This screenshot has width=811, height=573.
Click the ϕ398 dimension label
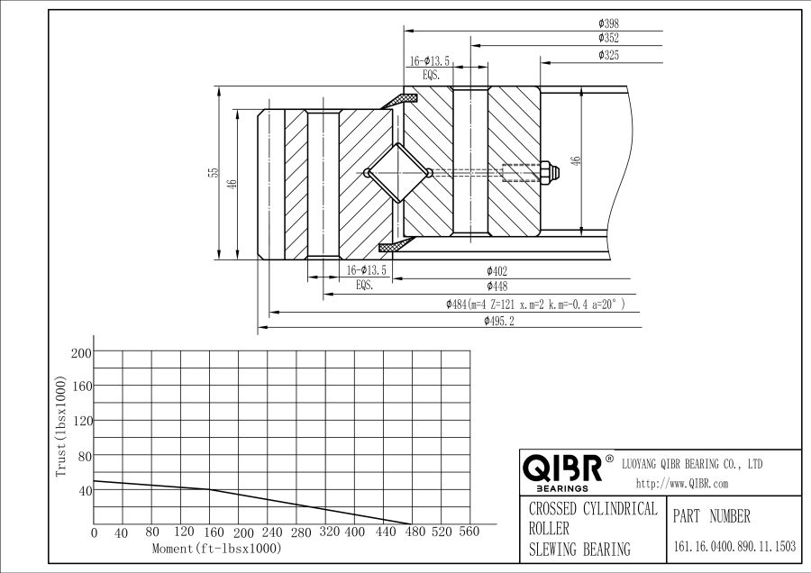pos(608,23)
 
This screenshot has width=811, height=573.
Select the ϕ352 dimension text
pos(608,39)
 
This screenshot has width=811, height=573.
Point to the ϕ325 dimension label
pos(608,56)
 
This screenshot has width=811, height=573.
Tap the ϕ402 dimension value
pos(497,270)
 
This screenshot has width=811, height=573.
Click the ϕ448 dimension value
pos(497,286)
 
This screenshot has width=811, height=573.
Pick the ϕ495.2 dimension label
pos(498,321)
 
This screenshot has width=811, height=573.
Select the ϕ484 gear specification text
pos(535,305)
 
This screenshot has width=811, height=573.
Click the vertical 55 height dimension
pos(214,172)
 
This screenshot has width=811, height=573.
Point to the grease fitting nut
pos(546,173)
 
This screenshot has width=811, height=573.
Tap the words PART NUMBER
pos(711,517)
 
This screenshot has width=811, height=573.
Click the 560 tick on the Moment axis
pos(469,532)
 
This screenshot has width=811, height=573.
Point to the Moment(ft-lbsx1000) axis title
pos(216,548)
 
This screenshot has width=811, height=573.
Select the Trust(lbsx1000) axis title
pos(61,426)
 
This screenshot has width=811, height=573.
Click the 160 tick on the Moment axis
pos(209,532)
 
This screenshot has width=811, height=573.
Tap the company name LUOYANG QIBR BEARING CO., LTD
pos(693,465)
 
